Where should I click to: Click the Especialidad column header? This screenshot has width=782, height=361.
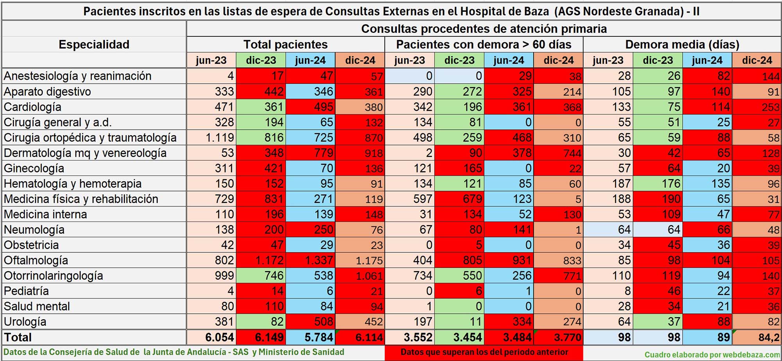(x=94, y=45)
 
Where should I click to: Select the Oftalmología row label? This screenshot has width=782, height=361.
(x=36, y=260)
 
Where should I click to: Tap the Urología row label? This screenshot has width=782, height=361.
(x=25, y=322)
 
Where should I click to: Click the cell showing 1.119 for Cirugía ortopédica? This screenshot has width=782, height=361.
(x=220, y=138)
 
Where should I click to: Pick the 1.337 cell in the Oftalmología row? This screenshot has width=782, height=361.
(x=319, y=260)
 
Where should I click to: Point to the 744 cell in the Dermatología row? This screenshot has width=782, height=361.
(x=572, y=153)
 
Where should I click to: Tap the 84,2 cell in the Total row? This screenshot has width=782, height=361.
(x=768, y=337)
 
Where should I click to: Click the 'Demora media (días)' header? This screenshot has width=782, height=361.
(x=682, y=45)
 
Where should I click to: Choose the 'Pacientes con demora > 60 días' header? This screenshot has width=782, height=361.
(x=484, y=45)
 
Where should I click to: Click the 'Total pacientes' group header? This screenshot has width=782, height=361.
(x=285, y=45)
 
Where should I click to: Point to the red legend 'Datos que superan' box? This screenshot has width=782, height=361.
(x=484, y=352)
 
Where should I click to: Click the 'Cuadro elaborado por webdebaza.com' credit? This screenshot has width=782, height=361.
(x=712, y=354)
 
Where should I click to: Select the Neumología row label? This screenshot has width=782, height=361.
(x=34, y=230)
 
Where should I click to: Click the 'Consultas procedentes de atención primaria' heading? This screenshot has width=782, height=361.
(x=484, y=29)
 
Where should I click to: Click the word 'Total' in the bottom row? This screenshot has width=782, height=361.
(x=18, y=337)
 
